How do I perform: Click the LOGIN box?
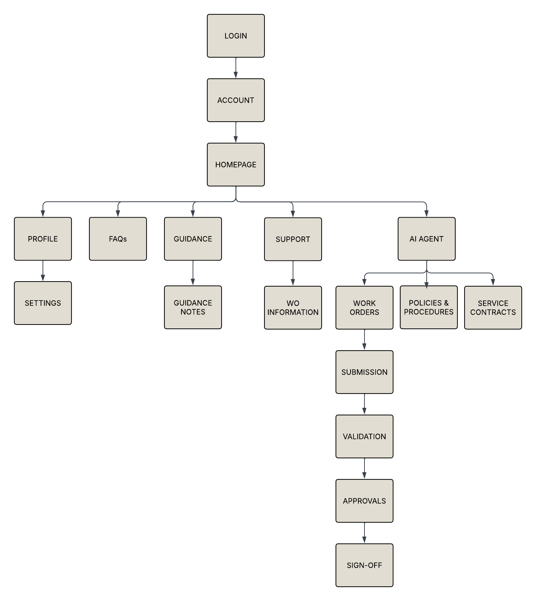click(x=236, y=36)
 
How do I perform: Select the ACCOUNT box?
click(x=236, y=100)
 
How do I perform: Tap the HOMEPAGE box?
click(x=236, y=165)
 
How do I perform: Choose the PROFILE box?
click(x=43, y=239)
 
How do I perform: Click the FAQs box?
click(x=118, y=239)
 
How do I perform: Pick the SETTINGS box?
click(x=43, y=303)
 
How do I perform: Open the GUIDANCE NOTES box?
click(x=193, y=307)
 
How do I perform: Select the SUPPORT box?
click(x=293, y=239)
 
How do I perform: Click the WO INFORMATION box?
click(x=293, y=308)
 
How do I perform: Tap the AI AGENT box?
click(x=427, y=239)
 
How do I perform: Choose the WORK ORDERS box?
click(x=364, y=308)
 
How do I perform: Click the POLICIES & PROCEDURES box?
click(x=429, y=307)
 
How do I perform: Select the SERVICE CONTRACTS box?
click(x=493, y=308)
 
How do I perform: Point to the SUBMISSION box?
click(x=364, y=372)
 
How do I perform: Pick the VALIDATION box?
click(x=364, y=436)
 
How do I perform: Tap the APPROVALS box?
click(x=364, y=501)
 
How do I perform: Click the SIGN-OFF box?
click(x=364, y=565)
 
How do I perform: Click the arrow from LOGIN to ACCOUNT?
click(x=236, y=68)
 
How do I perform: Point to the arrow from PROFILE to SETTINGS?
click(x=43, y=271)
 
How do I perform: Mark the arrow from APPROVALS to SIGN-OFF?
click(x=364, y=533)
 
